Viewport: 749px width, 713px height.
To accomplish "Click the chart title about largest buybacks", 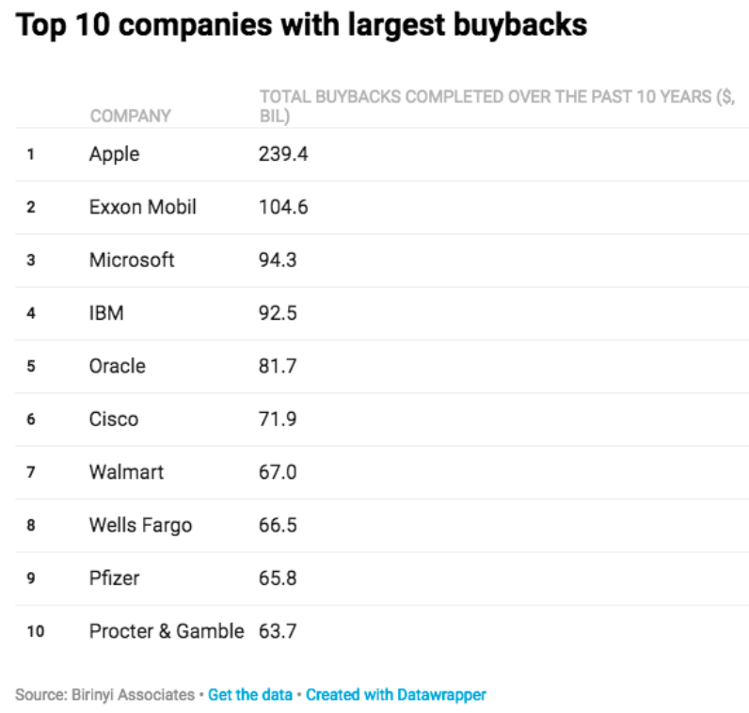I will click(x=301, y=25).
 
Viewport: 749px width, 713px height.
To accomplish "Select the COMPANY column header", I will click(x=130, y=116).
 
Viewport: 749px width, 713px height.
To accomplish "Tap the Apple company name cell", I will click(x=114, y=154).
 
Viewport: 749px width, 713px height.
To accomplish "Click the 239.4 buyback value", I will click(x=283, y=154).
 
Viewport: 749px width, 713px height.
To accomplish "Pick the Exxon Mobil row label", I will click(x=143, y=207).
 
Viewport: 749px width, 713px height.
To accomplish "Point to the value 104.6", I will click(x=283, y=207).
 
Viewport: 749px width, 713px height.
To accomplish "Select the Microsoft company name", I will click(x=132, y=260).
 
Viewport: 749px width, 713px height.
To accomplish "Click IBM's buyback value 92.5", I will click(x=278, y=313).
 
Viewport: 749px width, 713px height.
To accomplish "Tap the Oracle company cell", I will click(x=118, y=366).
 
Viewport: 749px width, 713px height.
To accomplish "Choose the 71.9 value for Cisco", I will click(x=278, y=419).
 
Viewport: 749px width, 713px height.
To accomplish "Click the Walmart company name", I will click(x=126, y=472).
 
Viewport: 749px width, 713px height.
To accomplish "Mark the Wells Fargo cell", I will click(x=140, y=525).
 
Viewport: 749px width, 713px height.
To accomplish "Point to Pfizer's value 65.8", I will click(x=278, y=578).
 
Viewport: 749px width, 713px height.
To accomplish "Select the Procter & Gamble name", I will click(x=167, y=631).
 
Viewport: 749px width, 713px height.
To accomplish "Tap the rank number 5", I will click(x=31, y=366).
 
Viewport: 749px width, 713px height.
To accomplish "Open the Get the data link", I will click(x=249, y=695).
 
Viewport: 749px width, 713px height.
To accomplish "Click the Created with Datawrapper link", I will click(x=396, y=695).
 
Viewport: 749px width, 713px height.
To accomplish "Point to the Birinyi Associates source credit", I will click(x=106, y=695).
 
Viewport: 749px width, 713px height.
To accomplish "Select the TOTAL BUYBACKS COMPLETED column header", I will click(x=496, y=106).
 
